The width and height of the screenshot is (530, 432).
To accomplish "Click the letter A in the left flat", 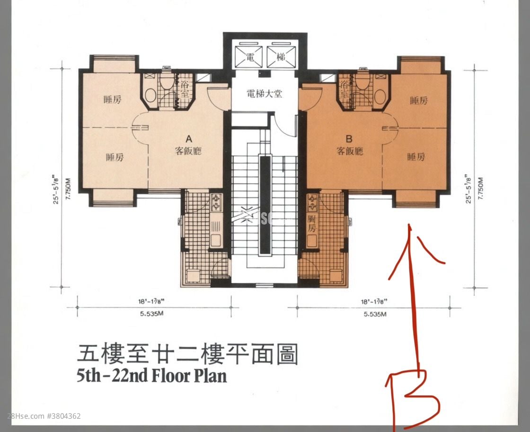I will click(188, 139).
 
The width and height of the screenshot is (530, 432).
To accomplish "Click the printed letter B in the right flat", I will click(349, 139).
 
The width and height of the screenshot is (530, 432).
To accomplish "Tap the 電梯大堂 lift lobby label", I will click(265, 93).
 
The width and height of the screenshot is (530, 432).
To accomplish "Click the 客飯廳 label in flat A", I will click(188, 152).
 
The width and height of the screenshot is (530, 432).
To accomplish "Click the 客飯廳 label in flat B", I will click(349, 152).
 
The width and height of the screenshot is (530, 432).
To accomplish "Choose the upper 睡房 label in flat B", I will click(419, 100).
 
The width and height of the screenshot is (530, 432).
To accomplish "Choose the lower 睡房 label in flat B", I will click(416, 157).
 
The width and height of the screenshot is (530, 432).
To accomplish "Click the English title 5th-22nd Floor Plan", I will click(151, 375).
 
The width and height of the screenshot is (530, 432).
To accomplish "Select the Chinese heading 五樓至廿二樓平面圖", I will click(187, 353).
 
